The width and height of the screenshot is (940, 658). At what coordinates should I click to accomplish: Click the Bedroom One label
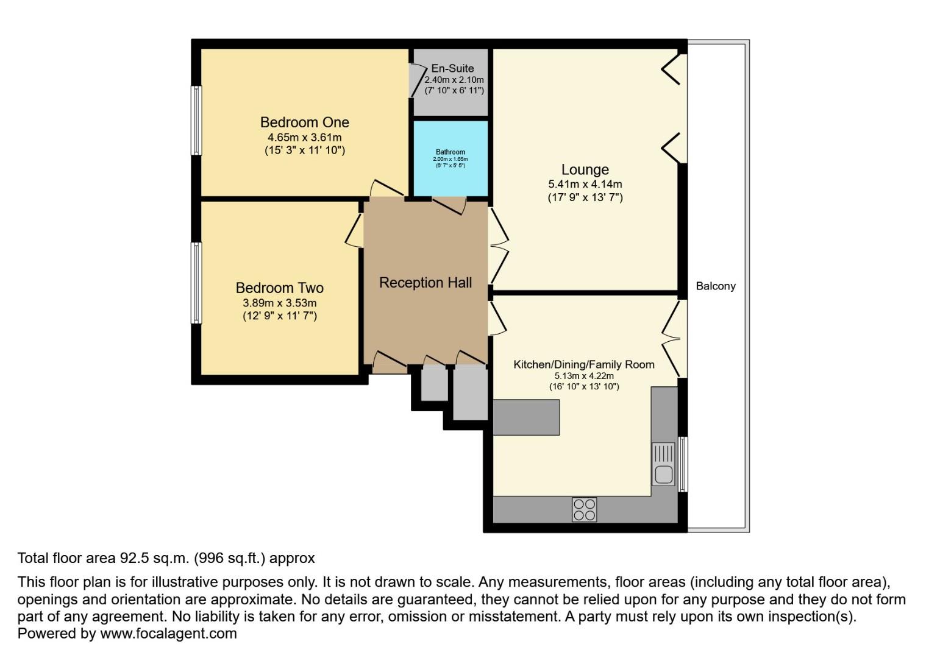pos(304,122)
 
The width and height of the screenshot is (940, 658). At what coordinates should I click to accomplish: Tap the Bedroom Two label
pos(279,288)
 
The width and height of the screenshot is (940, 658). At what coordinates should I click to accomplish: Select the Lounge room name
pos(585,169)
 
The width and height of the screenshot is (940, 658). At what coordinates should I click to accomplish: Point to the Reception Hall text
pos(425,283)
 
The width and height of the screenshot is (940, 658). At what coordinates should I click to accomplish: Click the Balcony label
pos(715,286)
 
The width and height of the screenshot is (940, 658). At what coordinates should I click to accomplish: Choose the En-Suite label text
pos(452,68)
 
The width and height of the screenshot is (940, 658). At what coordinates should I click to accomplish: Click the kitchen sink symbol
pos(663,464)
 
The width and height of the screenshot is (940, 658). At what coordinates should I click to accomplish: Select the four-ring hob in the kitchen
pos(584,509)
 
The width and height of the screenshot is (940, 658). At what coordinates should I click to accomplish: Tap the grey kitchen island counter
pos(525,417)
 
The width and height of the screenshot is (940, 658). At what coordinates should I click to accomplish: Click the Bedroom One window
pos(196,120)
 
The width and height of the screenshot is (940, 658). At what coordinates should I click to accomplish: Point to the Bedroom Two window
pos(196,283)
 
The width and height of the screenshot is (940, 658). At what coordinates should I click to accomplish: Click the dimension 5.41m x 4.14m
pos(585,184)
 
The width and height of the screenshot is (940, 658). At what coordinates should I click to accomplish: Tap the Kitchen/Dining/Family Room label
pos(583,364)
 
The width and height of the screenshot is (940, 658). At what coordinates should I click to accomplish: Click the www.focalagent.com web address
pos(168,634)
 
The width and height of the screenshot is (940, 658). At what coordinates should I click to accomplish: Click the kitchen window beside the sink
pos(683,464)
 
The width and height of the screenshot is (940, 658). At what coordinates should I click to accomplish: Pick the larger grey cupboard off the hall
pos(470,392)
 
